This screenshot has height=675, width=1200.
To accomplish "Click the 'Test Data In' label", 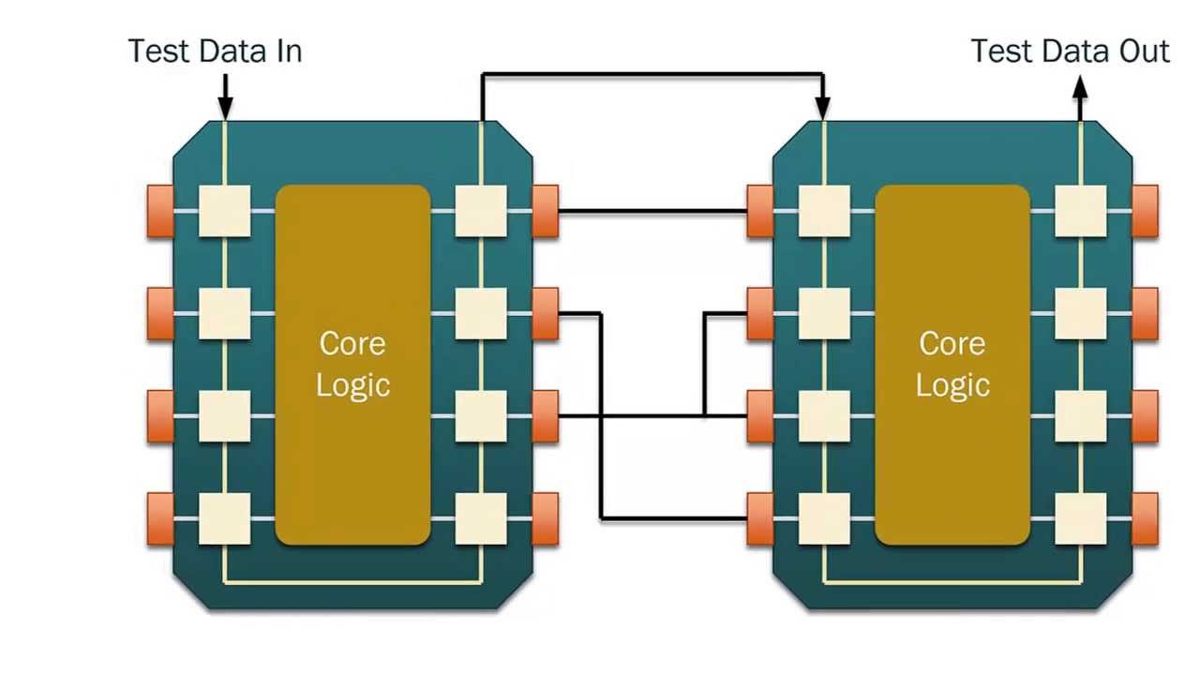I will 215,51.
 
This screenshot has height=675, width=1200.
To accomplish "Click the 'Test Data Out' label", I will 1070,51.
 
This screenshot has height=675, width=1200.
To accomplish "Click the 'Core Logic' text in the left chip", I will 352,364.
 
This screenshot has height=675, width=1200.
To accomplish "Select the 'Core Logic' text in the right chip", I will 952,364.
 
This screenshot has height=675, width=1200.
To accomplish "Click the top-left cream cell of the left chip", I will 225,211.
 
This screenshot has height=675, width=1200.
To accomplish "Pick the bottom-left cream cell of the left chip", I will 225,518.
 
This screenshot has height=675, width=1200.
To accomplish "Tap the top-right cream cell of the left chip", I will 481,211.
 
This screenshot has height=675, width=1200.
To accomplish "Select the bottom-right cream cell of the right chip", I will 1080,518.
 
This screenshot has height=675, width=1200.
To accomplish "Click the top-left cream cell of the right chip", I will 824,211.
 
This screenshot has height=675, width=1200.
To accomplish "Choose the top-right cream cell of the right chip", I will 1080,211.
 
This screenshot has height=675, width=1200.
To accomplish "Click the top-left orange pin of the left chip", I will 160,211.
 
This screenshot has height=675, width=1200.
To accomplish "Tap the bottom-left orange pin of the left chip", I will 160,518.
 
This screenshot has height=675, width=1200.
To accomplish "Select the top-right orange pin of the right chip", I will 1145,211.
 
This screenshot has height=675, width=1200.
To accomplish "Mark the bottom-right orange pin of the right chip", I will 1145,518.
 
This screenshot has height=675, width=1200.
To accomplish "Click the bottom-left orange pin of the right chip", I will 760,518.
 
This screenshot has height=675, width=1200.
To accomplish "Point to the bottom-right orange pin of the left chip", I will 545,518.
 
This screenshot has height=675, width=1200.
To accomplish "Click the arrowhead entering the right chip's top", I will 823,109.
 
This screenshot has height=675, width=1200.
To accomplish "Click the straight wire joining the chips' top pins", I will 652,211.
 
